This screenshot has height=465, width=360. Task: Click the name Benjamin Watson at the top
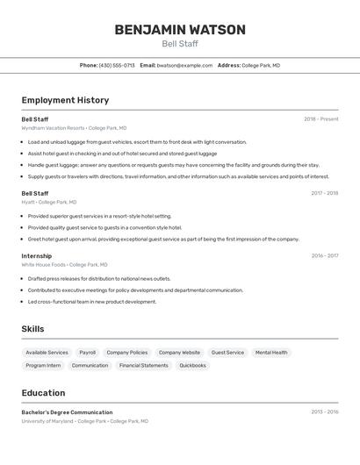click(x=180, y=30)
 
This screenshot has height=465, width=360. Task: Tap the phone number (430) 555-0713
click(x=117, y=65)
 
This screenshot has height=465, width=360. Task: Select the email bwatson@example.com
click(x=184, y=65)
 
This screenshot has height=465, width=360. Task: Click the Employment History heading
click(x=65, y=100)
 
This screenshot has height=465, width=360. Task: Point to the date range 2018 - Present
click(x=320, y=119)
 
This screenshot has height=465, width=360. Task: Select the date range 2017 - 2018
click(x=324, y=193)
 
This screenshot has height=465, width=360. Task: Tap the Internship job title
click(x=37, y=256)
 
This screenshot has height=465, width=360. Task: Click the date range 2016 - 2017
click(x=324, y=256)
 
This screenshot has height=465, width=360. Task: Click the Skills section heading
click(x=32, y=329)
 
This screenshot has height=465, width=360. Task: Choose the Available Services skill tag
click(x=47, y=353)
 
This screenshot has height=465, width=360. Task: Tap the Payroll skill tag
click(x=88, y=353)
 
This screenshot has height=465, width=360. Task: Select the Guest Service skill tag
click(x=227, y=353)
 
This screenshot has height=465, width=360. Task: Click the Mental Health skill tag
click(x=271, y=353)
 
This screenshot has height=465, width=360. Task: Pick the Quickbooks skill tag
click(x=192, y=365)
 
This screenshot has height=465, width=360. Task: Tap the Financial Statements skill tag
click(x=144, y=365)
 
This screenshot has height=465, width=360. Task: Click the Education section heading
click(x=43, y=393)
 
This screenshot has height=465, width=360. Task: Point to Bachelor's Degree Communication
click(x=67, y=412)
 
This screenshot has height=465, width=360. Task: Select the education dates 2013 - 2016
click(x=324, y=412)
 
